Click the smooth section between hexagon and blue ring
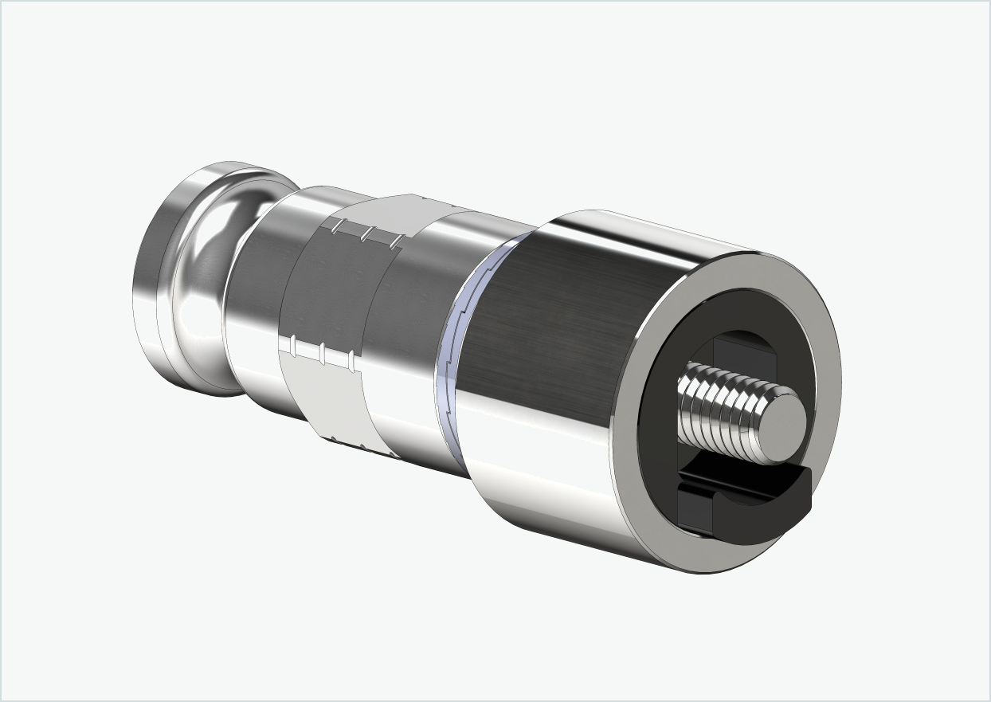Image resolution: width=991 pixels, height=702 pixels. [x=414, y=319]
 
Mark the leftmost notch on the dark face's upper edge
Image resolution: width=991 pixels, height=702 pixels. [x=338, y=226]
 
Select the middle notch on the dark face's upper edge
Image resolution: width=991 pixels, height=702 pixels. [x=367, y=233]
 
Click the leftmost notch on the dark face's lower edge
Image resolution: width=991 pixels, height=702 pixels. [x=294, y=345]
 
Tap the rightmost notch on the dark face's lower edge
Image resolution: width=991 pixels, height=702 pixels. [x=351, y=363]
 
